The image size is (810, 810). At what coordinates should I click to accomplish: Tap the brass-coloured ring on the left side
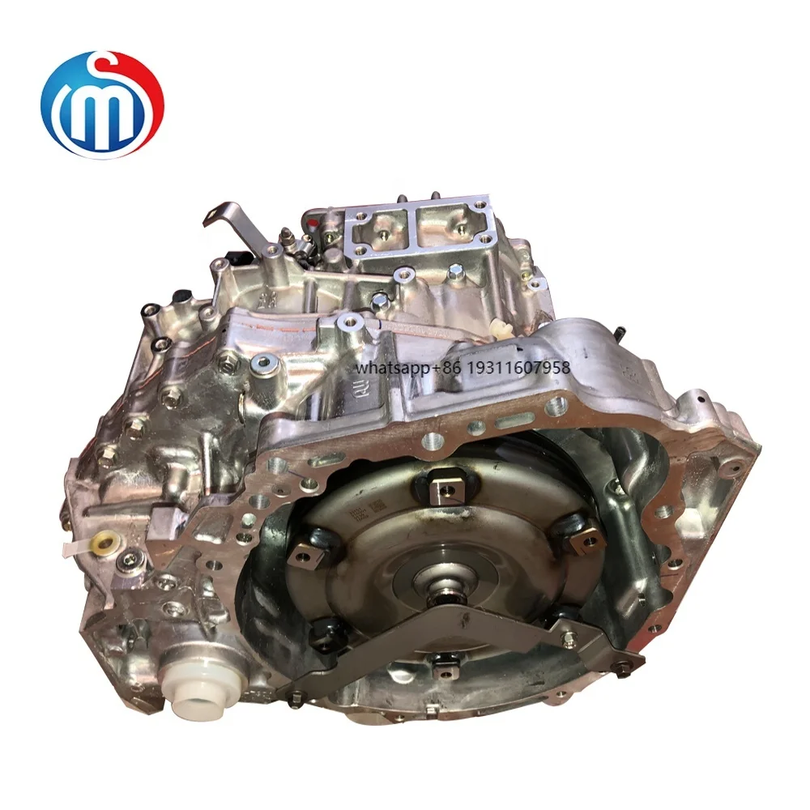click(x=102, y=544)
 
